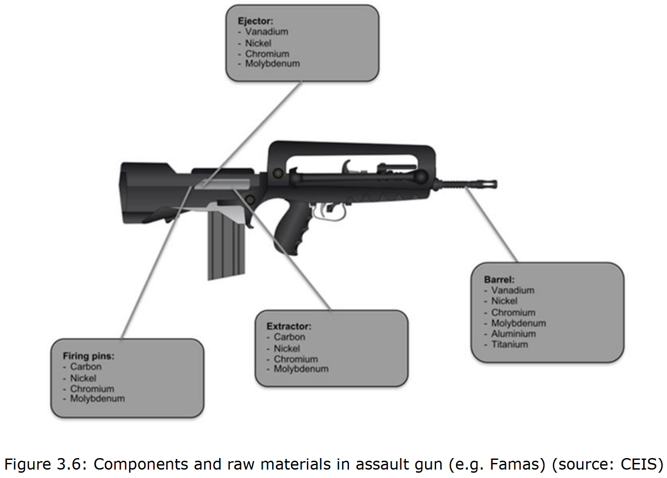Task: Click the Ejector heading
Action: [255, 21]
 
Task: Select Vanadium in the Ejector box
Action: [266, 32]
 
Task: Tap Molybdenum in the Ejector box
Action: [272, 64]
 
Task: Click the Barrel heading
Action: [499, 280]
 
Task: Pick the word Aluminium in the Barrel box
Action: [513, 334]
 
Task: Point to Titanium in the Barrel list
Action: [509, 344]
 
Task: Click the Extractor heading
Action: [289, 326]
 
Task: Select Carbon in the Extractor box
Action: [289, 337]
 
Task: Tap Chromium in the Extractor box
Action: [295, 359]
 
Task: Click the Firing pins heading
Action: [88, 356]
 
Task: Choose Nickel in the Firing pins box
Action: [83, 378]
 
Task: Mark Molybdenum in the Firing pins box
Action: [97, 399]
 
